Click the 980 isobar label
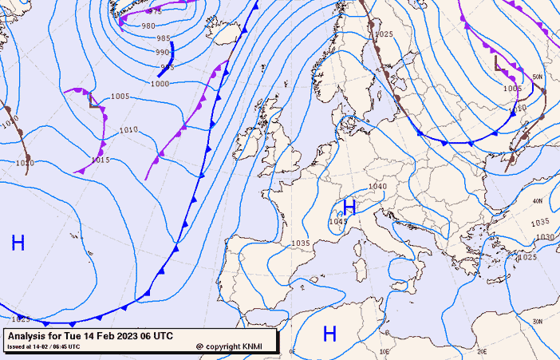tap(148, 26)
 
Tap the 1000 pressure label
tap(160, 83)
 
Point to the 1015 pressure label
tap(100, 160)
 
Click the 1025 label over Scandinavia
tap(384, 34)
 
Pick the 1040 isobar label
tap(377, 187)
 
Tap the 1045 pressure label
tap(337, 222)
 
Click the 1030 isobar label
tap(545, 237)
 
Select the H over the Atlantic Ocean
tap(18, 243)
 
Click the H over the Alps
tap(349, 208)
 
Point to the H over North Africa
tap(329, 333)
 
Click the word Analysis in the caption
tap(30, 336)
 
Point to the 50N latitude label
tap(537, 77)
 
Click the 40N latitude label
tap(538, 200)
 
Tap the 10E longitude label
tap(385, 351)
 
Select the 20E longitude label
tap(481, 351)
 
